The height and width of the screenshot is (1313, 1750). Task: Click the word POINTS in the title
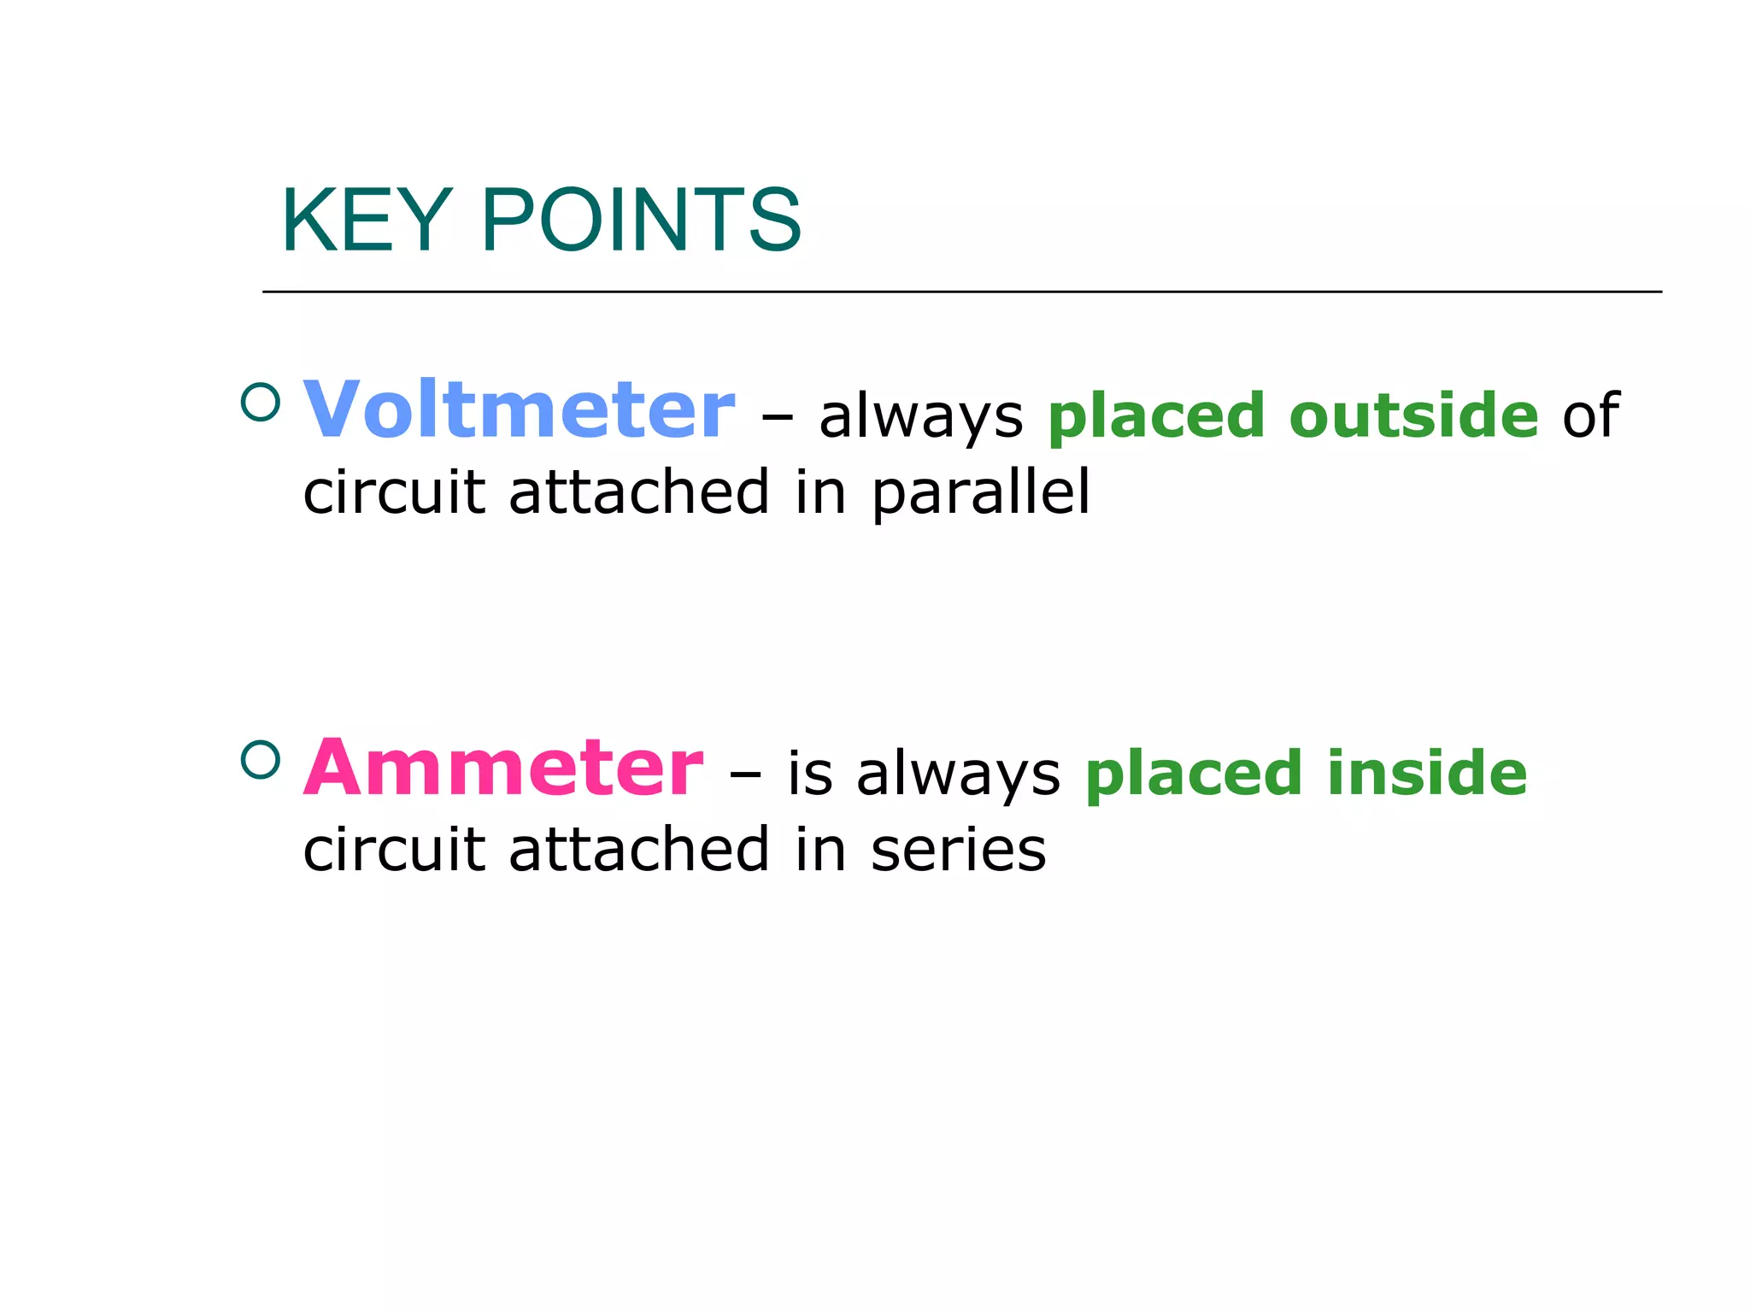click(641, 221)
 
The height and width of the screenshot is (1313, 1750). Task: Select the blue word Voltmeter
click(519, 411)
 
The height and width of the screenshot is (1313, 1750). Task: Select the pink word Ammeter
click(503, 768)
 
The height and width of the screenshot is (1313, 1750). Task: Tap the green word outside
click(1413, 415)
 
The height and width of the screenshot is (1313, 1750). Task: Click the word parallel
click(981, 493)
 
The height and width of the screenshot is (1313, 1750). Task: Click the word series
click(958, 851)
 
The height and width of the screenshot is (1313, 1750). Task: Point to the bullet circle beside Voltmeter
click(261, 401)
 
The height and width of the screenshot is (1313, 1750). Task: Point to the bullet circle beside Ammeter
click(261, 759)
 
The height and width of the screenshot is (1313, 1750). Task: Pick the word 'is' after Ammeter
click(809, 773)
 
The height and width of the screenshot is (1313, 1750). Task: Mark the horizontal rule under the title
click(961, 291)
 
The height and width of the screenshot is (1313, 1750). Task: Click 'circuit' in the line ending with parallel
click(394, 493)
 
